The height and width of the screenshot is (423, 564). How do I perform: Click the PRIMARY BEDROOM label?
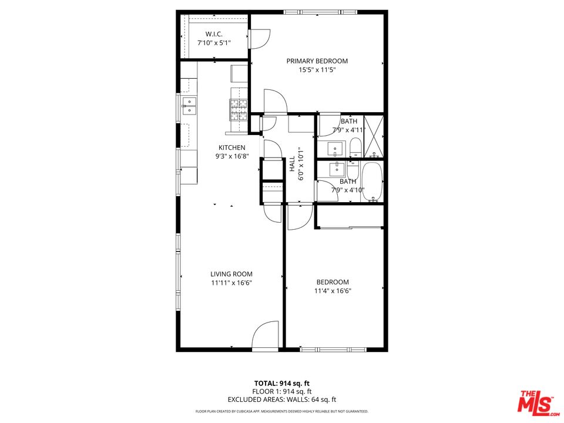317,61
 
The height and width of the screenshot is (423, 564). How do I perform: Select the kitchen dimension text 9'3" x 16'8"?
231,157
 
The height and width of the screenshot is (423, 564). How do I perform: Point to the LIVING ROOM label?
231,274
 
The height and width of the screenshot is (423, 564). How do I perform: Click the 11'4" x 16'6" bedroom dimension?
333,290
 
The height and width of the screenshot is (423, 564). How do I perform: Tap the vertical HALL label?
292,164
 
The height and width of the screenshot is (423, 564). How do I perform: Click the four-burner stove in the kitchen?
239,108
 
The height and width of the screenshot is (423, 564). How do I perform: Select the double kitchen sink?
189,106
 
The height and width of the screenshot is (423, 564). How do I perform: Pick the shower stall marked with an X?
374,136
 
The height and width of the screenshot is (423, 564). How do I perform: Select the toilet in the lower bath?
352,172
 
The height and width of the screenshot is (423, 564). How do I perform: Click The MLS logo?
535,402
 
